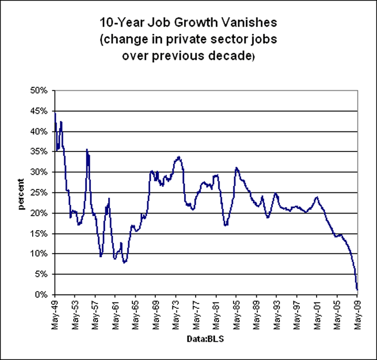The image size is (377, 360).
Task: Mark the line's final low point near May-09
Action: point(358,289)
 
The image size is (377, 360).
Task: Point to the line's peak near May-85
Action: point(236,168)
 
